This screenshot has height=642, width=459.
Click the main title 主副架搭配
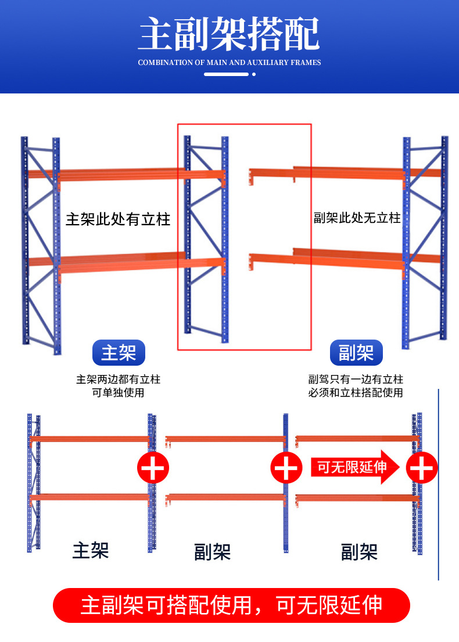(229, 34)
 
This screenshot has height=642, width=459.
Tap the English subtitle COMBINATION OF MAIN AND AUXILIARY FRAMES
(229, 62)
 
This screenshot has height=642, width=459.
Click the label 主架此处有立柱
(118, 219)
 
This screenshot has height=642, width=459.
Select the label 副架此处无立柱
(357, 218)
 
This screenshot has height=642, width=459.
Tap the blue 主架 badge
(118, 353)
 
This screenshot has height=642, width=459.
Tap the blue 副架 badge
(356, 353)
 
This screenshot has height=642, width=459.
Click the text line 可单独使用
(118, 393)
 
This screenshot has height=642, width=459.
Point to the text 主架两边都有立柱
(118, 380)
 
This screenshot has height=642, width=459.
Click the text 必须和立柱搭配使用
(356, 393)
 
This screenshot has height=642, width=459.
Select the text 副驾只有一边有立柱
(356, 380)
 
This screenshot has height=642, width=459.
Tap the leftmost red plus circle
(153, 467)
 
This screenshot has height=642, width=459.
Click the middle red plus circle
(286, 467)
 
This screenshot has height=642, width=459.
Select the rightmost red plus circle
(422, 467)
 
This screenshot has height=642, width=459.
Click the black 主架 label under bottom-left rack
(91, 550)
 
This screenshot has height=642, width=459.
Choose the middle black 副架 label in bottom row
(212, 552)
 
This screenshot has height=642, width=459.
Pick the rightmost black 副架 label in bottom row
(359, 552)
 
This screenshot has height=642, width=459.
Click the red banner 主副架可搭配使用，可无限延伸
(231, 605)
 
